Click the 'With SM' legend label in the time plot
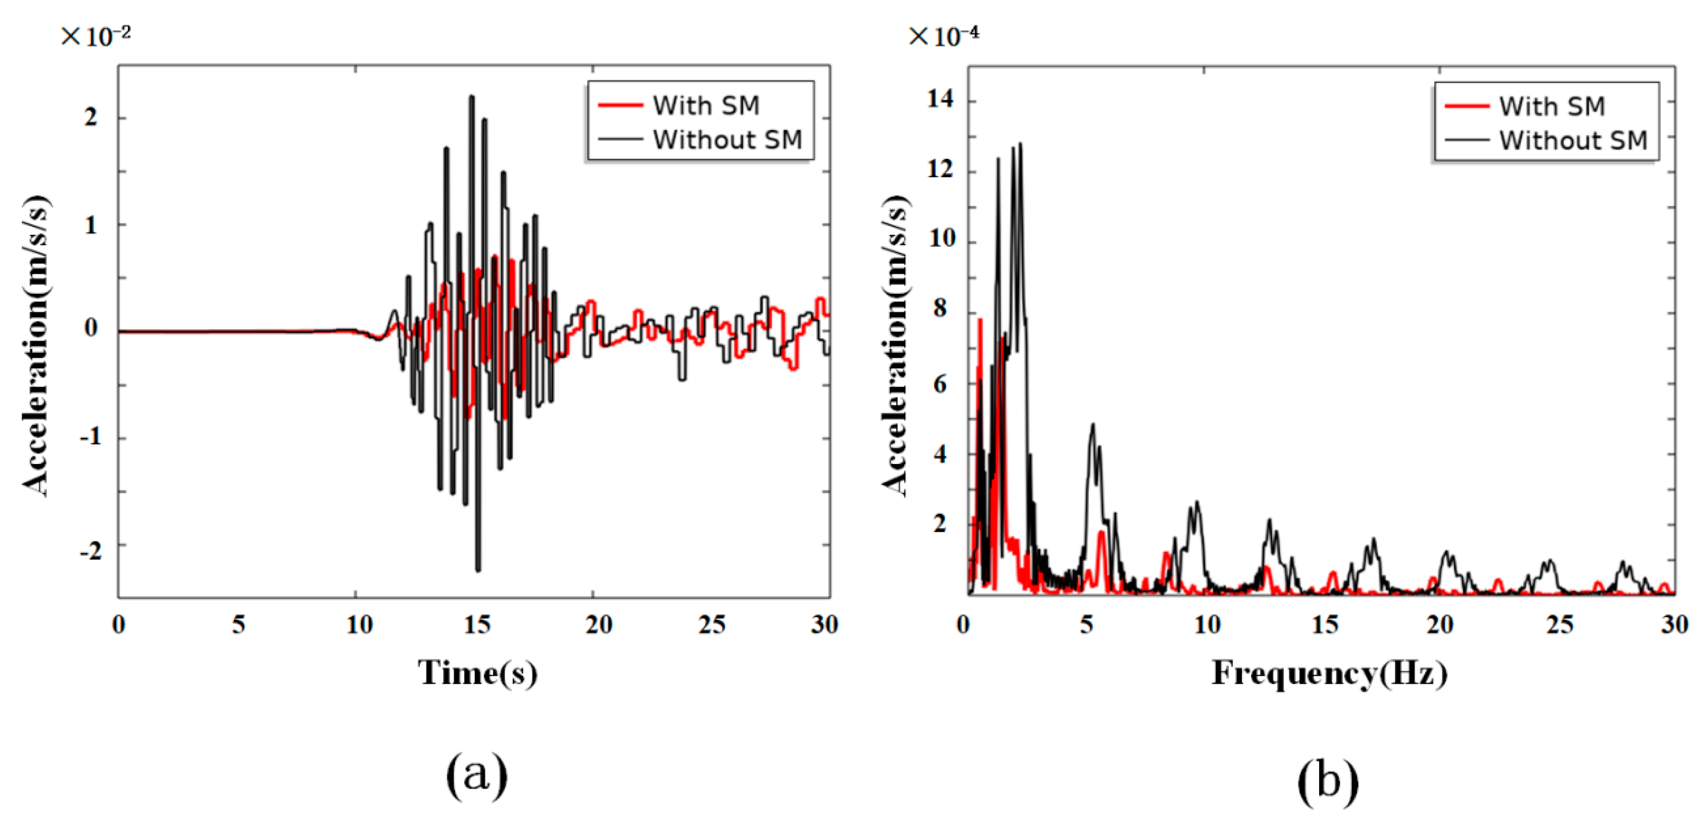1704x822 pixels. click(x=706, y=105)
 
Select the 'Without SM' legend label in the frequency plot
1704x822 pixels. click(x=1573, y=140)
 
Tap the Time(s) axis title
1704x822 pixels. click(x=477, y=673)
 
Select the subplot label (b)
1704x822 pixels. click(x=1328, y=780)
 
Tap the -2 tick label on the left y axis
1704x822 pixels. click(x=91, y=550)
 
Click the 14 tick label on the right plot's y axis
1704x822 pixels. click(x=940, y=99)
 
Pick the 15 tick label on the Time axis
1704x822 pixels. click(x=477, y=624)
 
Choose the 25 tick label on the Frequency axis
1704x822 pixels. click(x=1559, y=624)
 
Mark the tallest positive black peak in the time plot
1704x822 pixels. click(x=472, y=97)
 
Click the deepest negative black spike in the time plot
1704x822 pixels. click(x=478, y=569)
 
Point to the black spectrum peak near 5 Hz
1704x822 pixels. click(x=1093, y=425)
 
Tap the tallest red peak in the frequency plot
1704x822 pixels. click(x=980, y=320)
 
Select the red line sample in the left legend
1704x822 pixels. click(x=620, y=105)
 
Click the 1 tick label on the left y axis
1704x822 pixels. click(x=91, y=226)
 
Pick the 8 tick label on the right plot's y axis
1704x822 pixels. click(x=940, y=309)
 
